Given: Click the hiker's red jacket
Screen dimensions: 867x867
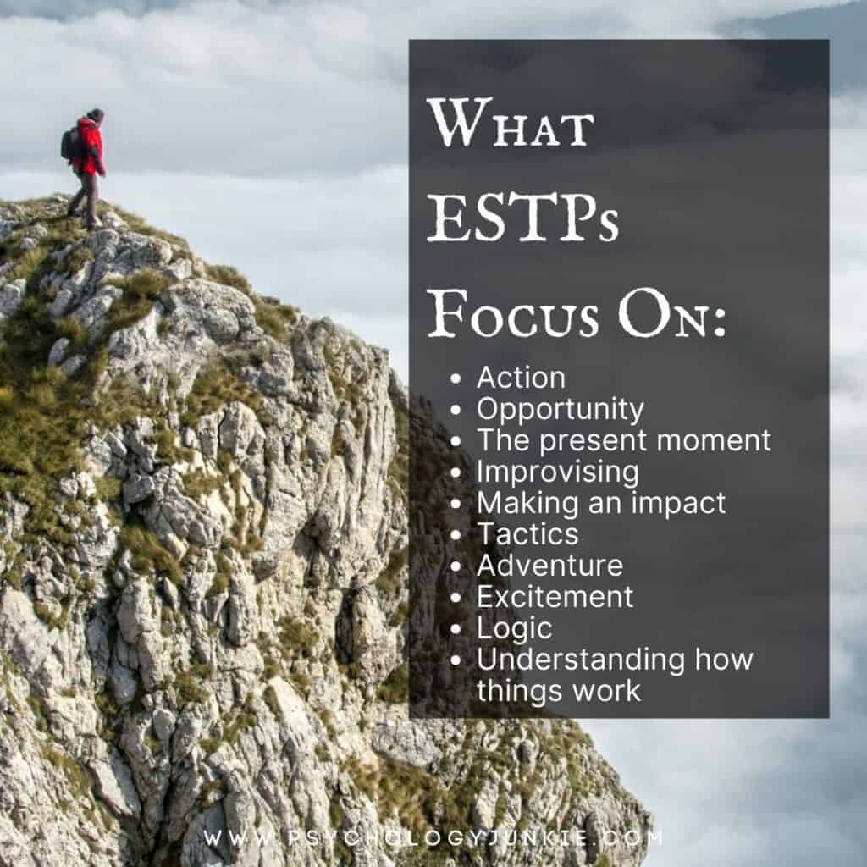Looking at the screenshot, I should point(89,146).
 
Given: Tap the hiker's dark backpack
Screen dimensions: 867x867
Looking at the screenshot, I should point(69,145).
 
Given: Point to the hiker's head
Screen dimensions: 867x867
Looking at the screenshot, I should point(95,115).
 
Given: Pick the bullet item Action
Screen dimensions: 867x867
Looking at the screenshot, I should point(521,378).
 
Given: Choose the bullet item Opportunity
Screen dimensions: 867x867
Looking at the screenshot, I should point(560,410).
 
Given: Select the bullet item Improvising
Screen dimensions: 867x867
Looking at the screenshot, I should point(557,472).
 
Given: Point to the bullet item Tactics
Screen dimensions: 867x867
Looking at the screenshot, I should point(527,533).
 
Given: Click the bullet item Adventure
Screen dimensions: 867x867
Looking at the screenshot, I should point(549,565).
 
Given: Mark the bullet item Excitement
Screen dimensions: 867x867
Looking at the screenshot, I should point(555,596).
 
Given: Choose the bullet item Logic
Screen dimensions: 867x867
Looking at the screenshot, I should point(514,627).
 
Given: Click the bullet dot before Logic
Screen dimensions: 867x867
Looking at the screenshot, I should point(457,629).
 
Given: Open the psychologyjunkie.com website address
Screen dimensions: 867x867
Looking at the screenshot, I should point(433,838).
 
